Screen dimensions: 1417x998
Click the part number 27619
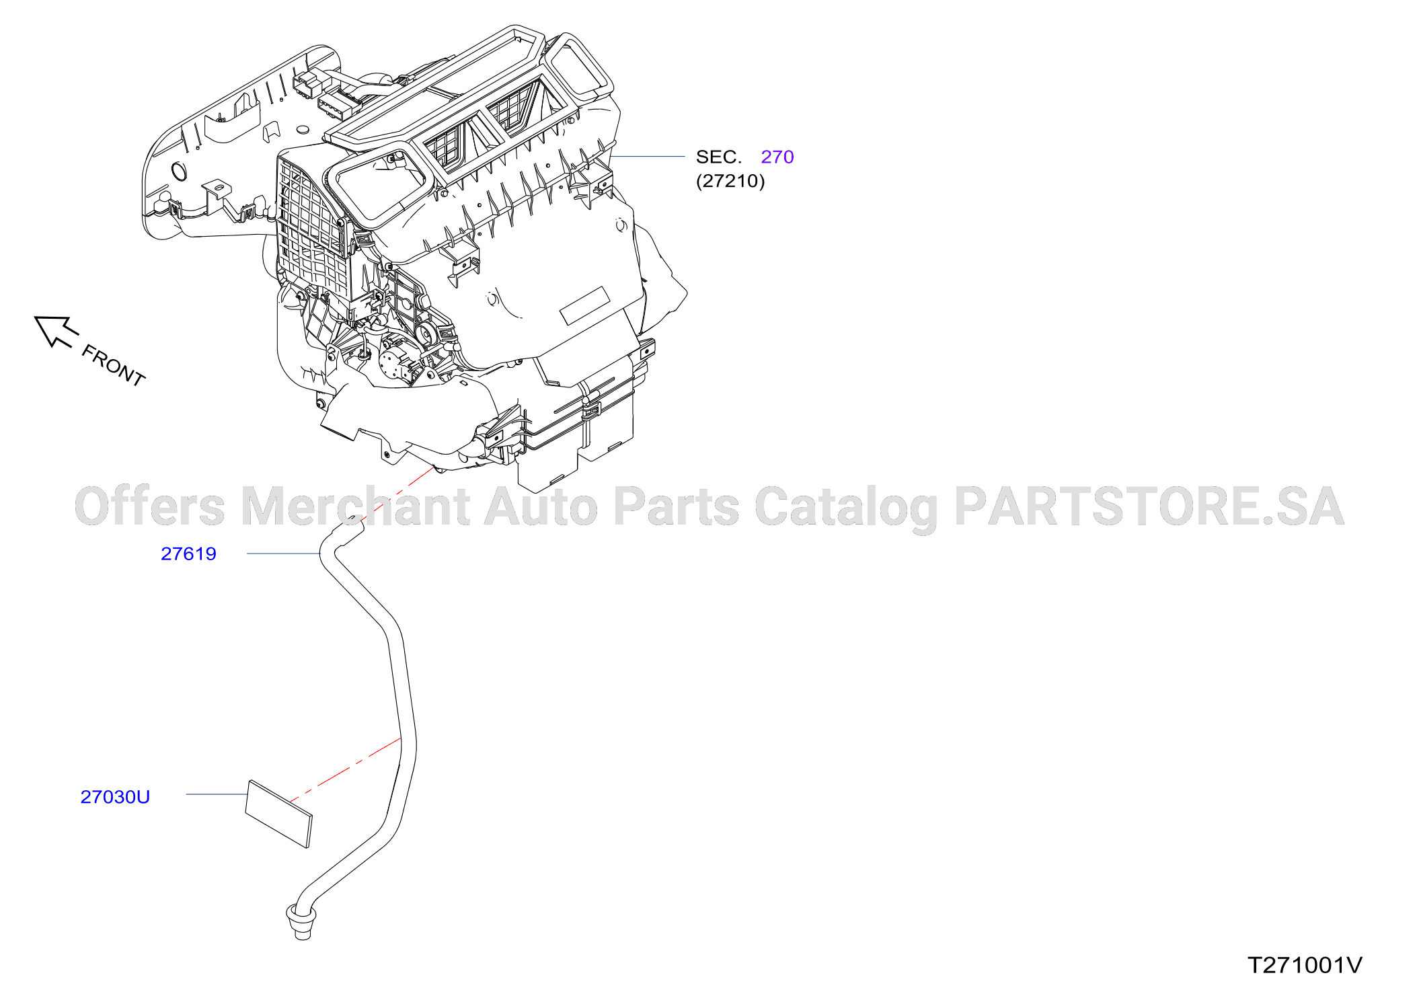188,553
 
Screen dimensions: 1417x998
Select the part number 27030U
115,797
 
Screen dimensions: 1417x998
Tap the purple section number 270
777,157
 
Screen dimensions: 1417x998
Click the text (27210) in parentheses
730,181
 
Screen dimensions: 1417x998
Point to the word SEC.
718,157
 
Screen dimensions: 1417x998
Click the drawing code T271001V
1305,965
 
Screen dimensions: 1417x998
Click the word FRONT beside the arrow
113,365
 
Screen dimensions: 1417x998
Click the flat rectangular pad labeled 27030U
279,814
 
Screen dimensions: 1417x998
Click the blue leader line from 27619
284,553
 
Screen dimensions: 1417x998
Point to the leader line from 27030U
217,794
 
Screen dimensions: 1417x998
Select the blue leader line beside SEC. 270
648,157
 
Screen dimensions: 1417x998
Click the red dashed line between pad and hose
346,770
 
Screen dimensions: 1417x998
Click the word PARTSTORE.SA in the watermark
1149,506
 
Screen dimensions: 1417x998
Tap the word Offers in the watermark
150,506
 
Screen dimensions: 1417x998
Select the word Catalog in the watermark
846,508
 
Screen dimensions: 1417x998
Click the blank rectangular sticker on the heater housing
585,305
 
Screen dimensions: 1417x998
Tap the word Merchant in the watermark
355,506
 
